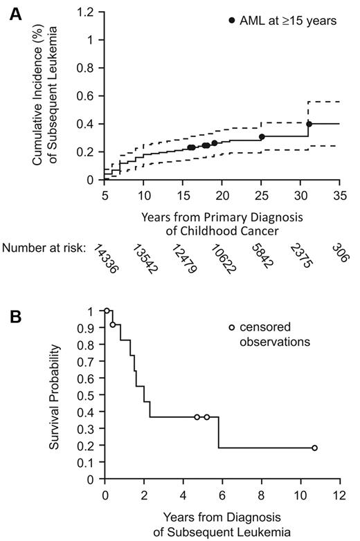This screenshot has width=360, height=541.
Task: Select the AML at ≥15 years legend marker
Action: tap(232, 21)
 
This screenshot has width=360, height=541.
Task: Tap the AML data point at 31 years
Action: tap(309, 124)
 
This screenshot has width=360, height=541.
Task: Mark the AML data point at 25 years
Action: tap(262, 136)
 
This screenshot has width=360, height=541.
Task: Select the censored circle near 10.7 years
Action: tap(314, 448)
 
